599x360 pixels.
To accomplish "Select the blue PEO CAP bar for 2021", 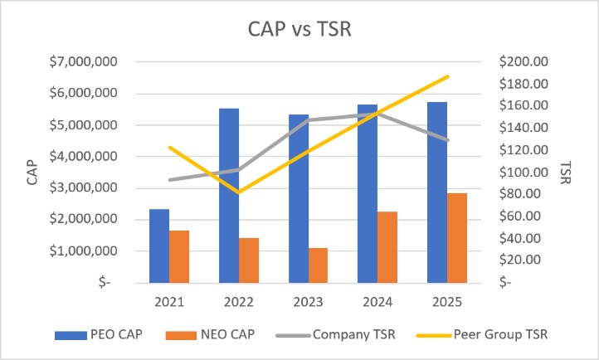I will (x=159, y=246).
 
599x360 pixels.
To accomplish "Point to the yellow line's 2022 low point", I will (x=239, y=192).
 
